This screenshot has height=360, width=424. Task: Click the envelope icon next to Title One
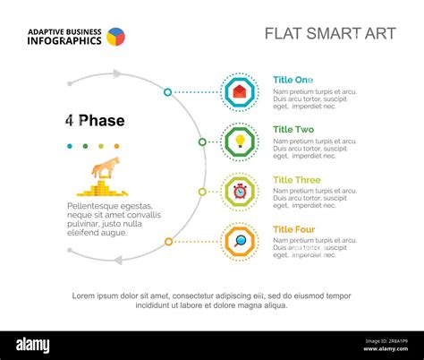pyautogui.click(x=240, y=91)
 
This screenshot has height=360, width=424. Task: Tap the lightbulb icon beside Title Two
pyautogui.click(x=240, y=141)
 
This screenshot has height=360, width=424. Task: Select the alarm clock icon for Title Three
pyautogui.click(x=240, y=192)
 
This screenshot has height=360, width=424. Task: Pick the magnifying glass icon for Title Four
pyautogui.click(x=240, y=241)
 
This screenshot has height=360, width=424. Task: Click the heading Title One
pyautogui.click(x=293, y=80)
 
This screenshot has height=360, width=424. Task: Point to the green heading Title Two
pyautogui.click(x=293, y=130)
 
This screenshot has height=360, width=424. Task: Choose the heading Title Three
pyautogui.click(x=296, y=180)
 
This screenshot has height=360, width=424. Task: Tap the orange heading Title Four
pyautogui.click(x=294, y=230)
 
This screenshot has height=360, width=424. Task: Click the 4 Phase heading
pyautogui.click(x=95, y=120)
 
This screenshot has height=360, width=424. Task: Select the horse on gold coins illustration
pyautogui.click(x=103, y=177)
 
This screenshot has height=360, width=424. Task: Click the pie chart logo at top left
pyautogui.click(x=115, y=37)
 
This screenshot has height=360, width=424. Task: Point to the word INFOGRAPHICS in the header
pyautogui.click(x=64, y=41)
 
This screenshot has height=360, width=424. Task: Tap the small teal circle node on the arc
pyautogui.click(x=167, y=91)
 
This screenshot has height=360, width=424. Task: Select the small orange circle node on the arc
pyautogui.click(x=168, y=241)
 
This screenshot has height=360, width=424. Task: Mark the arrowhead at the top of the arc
pyautogui.click(x=116, y=75)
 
